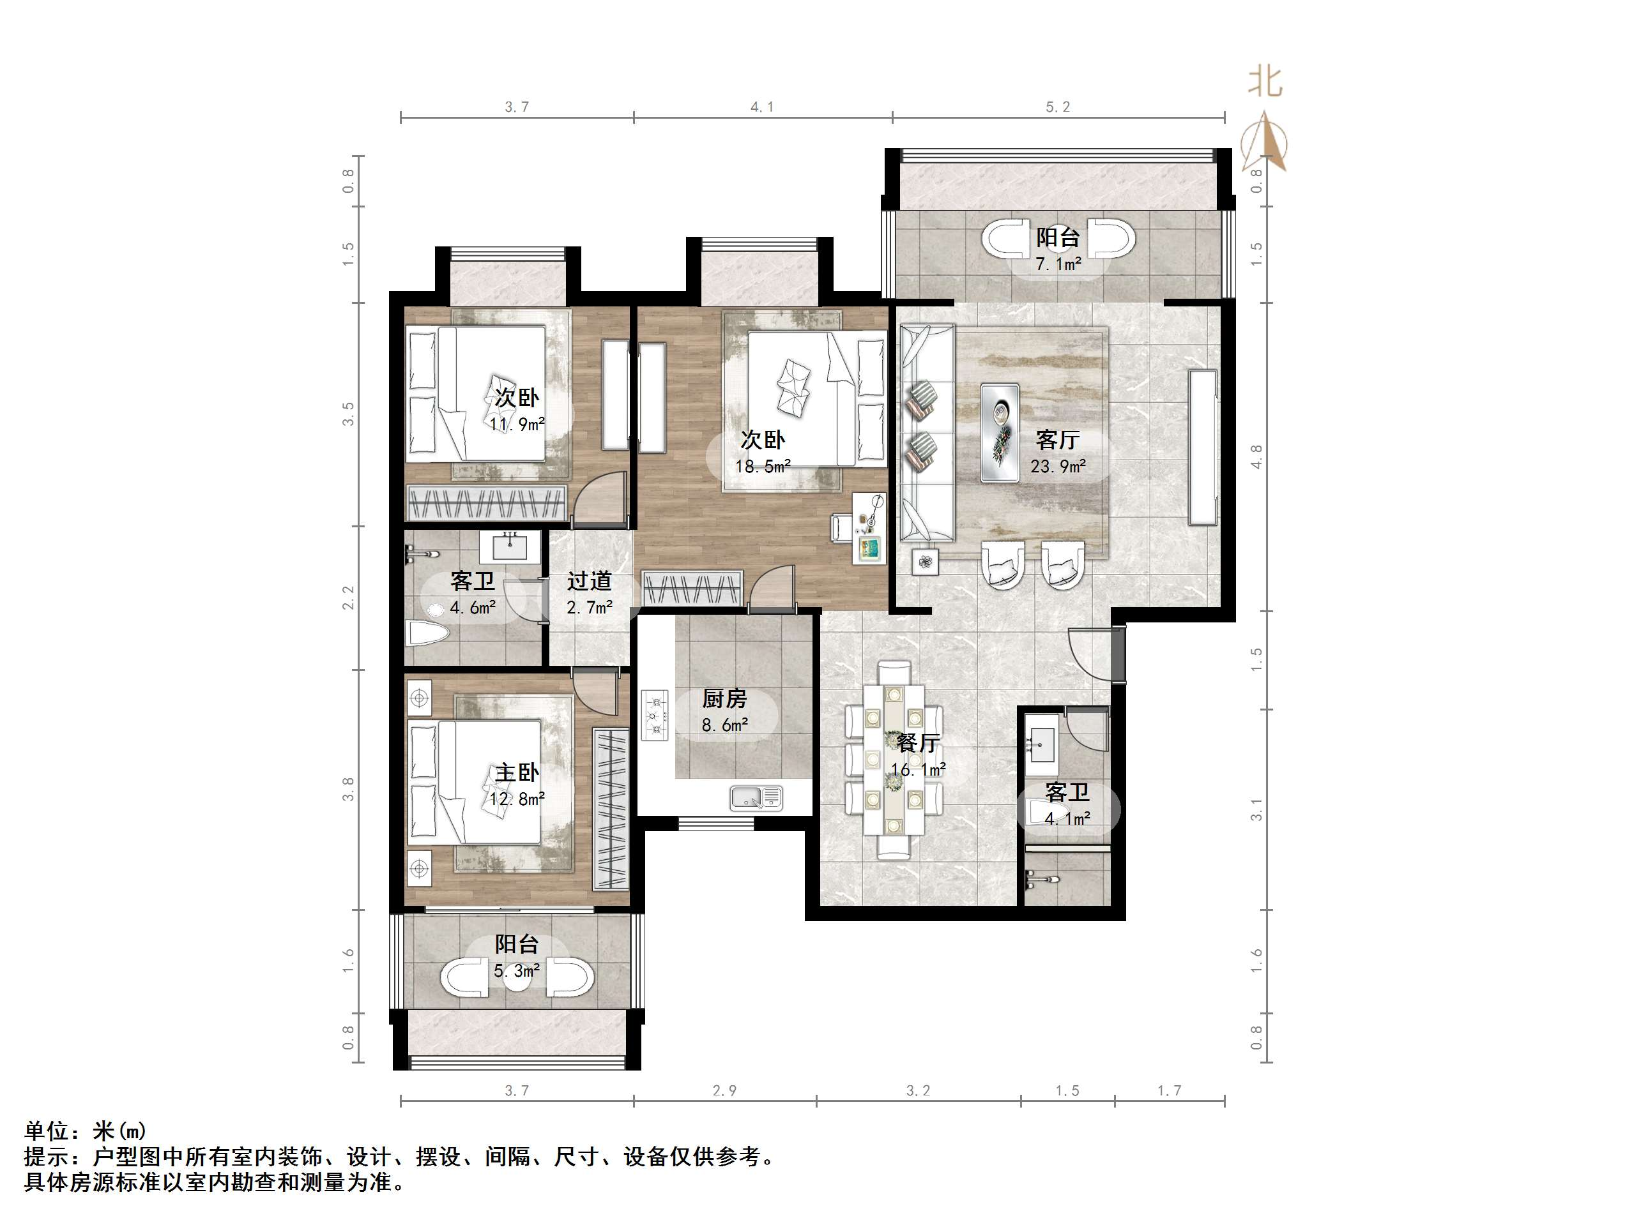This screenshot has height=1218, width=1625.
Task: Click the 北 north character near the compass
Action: [x=1265, y=82]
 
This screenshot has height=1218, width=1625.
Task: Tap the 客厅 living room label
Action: [x=1058, y=440]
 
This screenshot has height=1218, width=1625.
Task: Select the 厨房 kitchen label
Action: [x=724, y=699]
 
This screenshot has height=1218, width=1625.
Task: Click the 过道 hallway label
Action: [x=589, y=582]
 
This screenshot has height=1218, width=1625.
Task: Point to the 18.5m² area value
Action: [x=763, y=466]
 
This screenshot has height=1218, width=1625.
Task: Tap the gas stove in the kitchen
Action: [x=655, y=714]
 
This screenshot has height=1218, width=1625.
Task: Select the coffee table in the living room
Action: [x=1000, y=433]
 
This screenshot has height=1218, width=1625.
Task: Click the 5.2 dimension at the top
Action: [x=1058, y=107]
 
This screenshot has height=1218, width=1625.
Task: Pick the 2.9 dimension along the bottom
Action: [x=724, y=1091]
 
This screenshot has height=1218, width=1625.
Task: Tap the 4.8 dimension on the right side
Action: [x=1257, y=456]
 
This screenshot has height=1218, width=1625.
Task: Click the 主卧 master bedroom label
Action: [x=517, y=772]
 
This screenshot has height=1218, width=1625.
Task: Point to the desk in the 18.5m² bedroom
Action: [x=869, y=529]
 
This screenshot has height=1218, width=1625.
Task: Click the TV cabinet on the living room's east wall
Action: [x=1203, y=448]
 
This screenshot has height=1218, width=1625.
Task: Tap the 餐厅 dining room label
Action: [x=919, y=743]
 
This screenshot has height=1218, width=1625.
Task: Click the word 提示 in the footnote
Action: [x=46, y=1158]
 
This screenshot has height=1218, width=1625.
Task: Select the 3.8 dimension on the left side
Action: [x=348, y=789]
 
